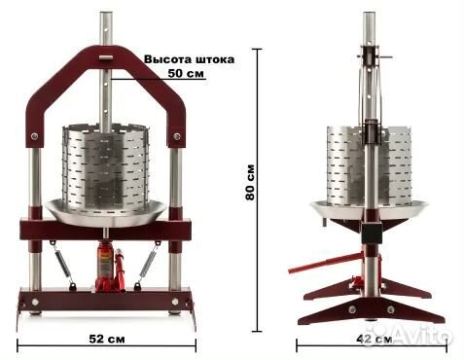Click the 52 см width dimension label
pos(106,339)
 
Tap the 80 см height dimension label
pos(250,183)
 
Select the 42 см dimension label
pos(374,340)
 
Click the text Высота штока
pos(189,59)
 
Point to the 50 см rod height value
pos(186,73)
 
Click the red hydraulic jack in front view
pos(109,266)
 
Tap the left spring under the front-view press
pos(62,264)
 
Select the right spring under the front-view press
pos(148,264)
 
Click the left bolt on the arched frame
pos(34,136)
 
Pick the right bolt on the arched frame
pos(177,136)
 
